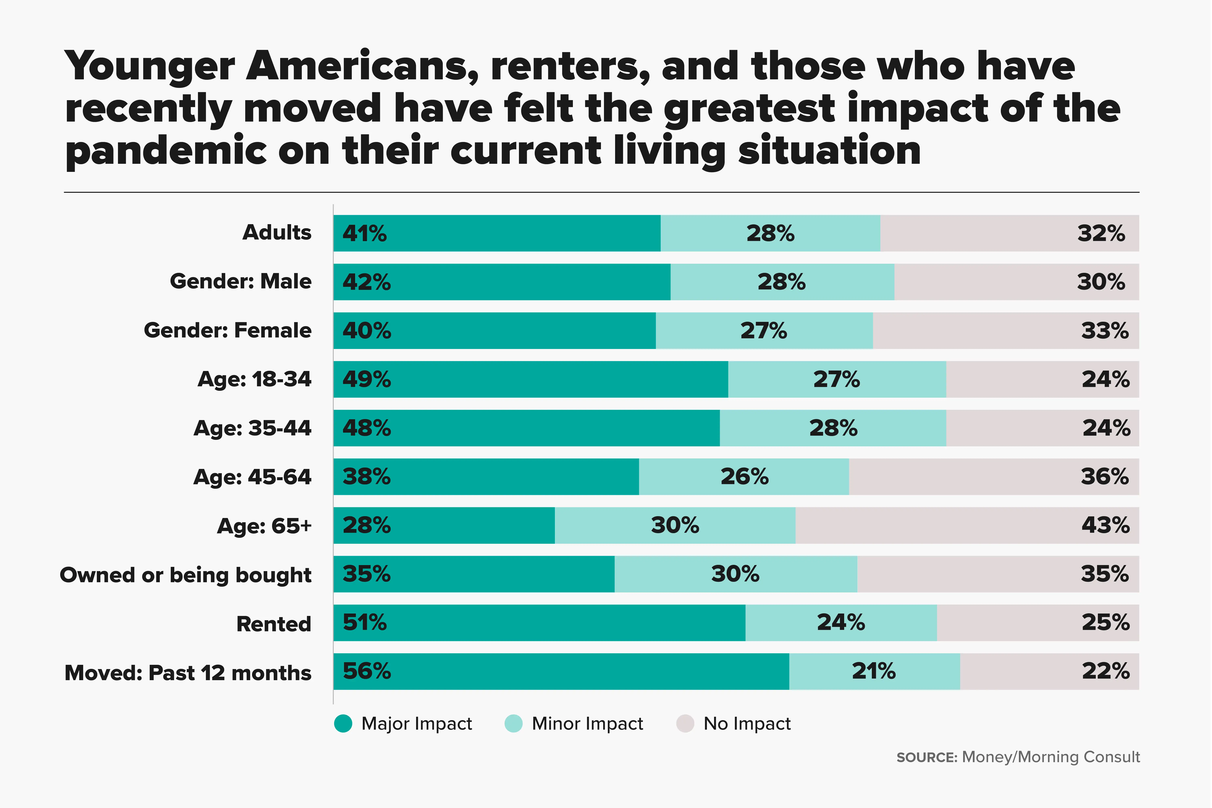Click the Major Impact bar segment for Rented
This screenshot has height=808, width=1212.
(x=539, y=623)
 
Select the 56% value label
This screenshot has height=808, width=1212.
(x=366, y=671)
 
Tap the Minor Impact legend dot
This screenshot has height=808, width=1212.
(x=513, y=724)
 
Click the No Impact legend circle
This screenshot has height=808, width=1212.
(x=685, y=724)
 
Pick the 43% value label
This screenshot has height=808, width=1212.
(x=1105, y=525)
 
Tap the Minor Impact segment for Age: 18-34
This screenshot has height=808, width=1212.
(x=837, y=379)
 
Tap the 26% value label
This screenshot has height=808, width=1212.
(x=744, y=477)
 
